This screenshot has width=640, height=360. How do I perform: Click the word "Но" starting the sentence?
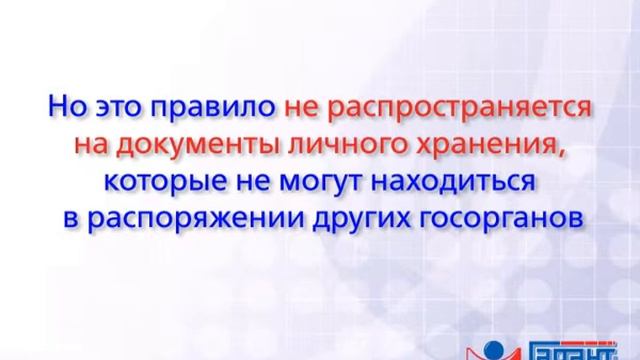65,105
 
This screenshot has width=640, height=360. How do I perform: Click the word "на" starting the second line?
94,145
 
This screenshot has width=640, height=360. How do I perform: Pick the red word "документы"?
201,146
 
